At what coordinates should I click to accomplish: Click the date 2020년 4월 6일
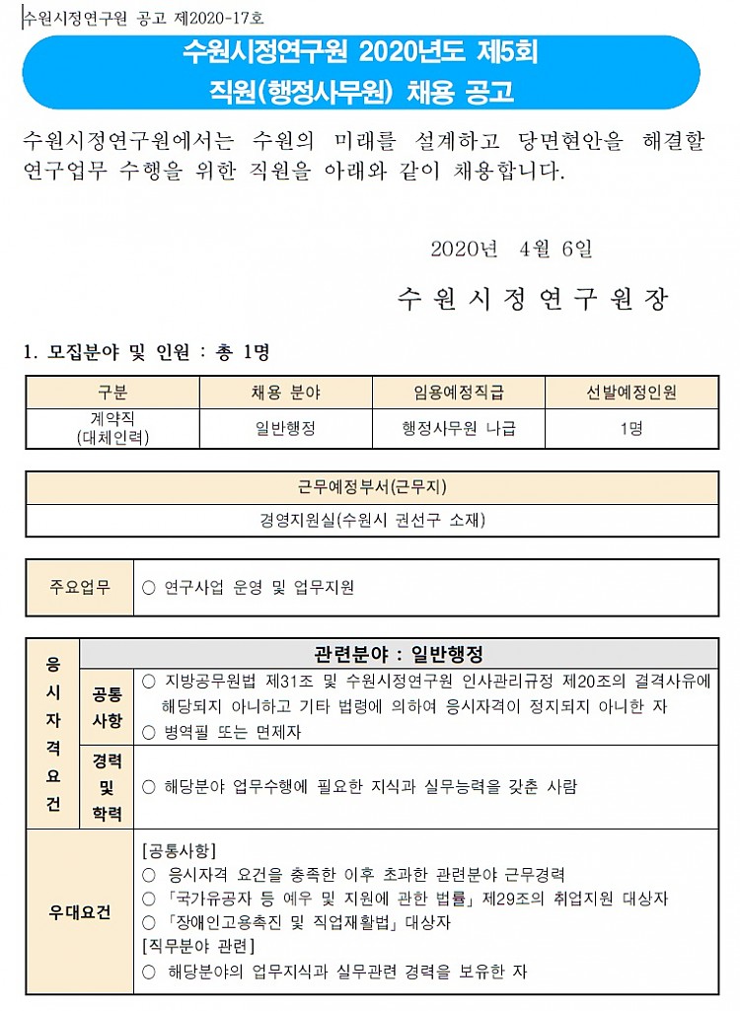click(511, 249)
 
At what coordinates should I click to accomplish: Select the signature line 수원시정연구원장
click(533, 299)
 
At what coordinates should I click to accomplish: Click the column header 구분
click(112, 393)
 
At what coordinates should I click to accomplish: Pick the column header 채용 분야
click(286, 393)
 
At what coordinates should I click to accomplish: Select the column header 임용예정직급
click(459, 393)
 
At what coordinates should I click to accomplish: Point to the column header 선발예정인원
click(631, 393)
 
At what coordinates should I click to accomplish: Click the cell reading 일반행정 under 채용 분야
click(286, 429)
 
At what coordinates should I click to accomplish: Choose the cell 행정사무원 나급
click(459, 429)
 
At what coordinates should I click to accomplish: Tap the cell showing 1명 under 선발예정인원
click(631, 429)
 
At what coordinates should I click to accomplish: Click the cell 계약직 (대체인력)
click(112, 429)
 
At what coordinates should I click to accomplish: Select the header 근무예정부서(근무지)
click(372, 487)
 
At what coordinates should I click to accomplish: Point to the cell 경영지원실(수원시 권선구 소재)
click(372, 520)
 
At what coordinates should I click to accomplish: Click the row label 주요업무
click(80, 587)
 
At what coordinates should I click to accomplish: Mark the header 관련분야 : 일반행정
click(399, 654)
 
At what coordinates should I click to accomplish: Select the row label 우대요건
click(80, 912)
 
